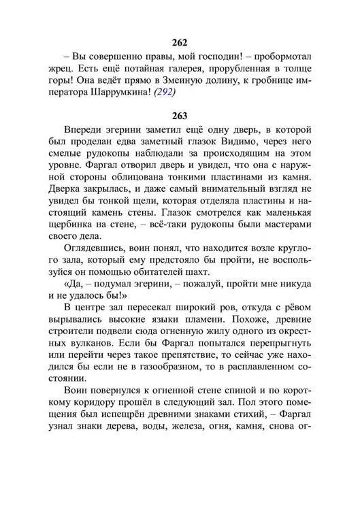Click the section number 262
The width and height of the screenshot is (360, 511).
coord(180,42)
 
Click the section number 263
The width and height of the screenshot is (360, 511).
coord(180,115)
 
